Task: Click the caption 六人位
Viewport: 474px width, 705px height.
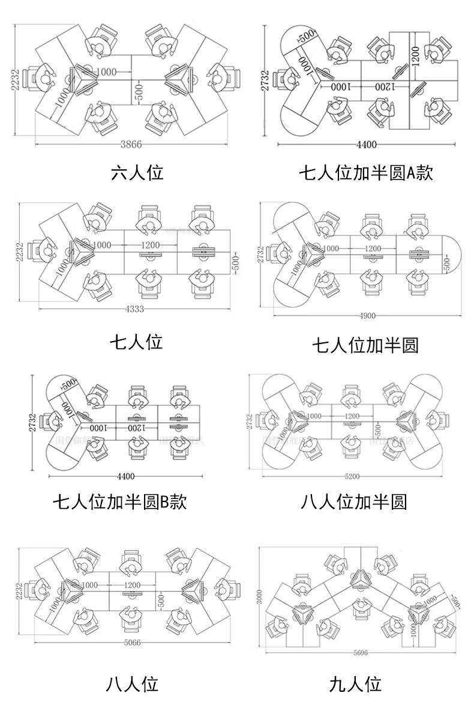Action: (137, 173)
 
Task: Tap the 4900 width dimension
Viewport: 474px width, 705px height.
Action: (368, 316)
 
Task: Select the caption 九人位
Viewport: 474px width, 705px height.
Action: (355, 684)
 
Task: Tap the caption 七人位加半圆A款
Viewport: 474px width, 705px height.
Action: (366, 174)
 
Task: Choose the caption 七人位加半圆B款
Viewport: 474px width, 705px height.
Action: (119, 501)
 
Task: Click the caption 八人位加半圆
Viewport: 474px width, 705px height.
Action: (353, 501)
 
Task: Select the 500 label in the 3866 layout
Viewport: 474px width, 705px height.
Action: (139, 92)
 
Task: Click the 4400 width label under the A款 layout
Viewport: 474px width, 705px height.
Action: (367, 144)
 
